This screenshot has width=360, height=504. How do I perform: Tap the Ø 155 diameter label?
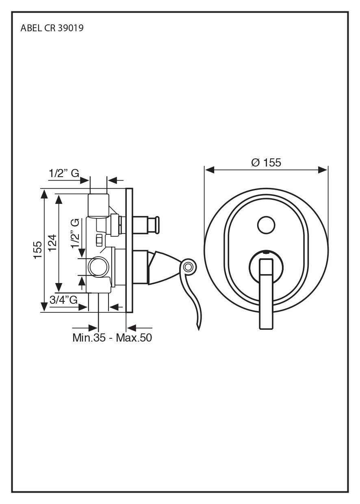tap(266, 162)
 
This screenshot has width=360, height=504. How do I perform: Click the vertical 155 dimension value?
tap(37, 250)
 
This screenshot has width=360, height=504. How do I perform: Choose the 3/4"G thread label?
tap(63, 300)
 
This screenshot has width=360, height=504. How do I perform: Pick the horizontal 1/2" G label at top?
tap(64, 173)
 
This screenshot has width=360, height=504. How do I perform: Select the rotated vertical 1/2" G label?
tap(75, 234)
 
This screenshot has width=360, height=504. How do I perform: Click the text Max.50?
tap(134, 337)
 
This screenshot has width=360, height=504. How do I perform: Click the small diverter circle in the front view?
tap(266, 225)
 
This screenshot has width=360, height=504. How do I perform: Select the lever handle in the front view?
tap(266, 292)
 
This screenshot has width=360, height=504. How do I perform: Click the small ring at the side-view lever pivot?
tap(188, 267)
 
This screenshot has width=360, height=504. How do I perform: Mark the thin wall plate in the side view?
tap(129, 250)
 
